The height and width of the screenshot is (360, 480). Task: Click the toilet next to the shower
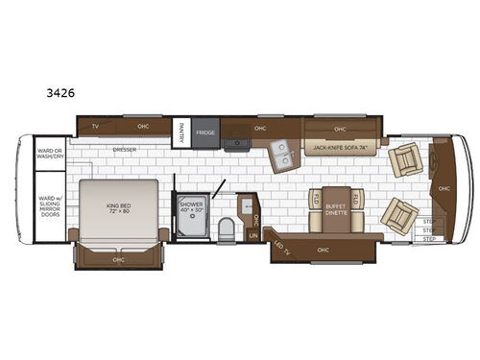(224, 226)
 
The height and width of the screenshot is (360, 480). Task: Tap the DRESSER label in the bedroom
(124, 149)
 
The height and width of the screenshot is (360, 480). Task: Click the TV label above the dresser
(95, 127)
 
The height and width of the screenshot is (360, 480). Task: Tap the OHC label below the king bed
(119, 257)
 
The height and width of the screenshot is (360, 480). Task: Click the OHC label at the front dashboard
(444, 188)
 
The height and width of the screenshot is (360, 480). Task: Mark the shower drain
(189, 226)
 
